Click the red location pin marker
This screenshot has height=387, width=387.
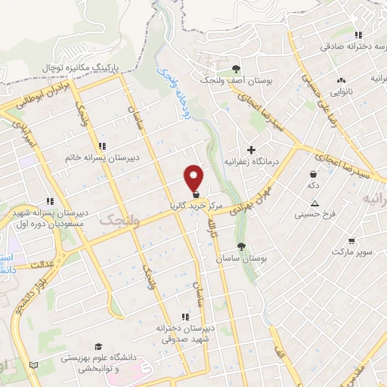pyautogui.click(x=194, y=178)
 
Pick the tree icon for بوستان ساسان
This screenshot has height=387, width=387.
pyautogui.click(x=241, y=247)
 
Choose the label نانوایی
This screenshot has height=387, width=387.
pyautogui.click(x=342, y=88)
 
